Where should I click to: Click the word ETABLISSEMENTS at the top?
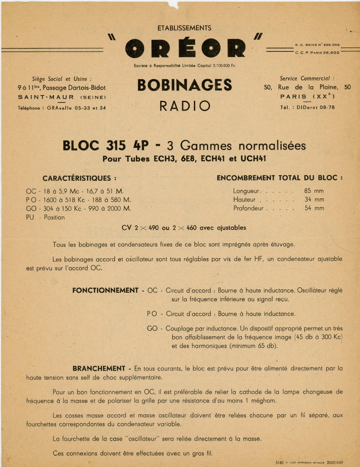pos(184,28)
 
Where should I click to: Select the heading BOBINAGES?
pos(185,85)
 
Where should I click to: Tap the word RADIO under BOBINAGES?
pos(185,106)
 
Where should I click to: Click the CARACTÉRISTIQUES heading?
pos(79,178)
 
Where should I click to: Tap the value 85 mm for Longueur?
pos(314,191)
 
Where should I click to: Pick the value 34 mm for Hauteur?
pos(314,199)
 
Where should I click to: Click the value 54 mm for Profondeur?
pos(314,208)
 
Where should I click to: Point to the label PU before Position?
pos(30,218)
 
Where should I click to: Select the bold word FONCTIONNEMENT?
pos(105,291)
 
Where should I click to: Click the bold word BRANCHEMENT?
pos(99,369)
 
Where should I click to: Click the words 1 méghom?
pos(261,401)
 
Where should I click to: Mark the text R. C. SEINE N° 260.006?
pos(317,45)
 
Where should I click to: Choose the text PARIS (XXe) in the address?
pos(307,97)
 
